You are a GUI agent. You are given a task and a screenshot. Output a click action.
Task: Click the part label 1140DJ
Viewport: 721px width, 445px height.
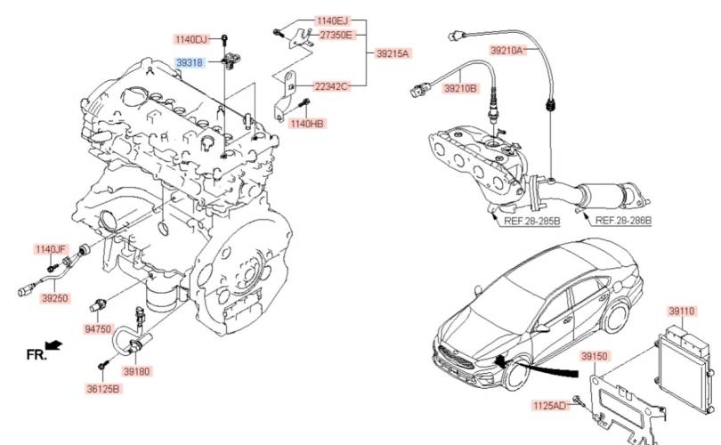[x=190, y=39]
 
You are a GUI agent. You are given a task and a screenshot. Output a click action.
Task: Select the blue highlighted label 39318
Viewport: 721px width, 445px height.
[x=189, y=63]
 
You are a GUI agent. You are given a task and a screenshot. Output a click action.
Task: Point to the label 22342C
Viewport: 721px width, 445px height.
[x=330, y=85]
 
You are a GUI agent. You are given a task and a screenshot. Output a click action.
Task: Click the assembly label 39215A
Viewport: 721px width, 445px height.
[x=392, y=53]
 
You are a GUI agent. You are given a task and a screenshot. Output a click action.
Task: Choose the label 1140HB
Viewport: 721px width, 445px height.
[x=306, y=123]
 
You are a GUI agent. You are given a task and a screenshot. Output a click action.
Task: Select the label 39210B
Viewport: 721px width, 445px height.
[x=461, y=88]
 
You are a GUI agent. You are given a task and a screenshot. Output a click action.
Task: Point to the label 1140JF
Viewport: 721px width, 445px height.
[x=51, y=248]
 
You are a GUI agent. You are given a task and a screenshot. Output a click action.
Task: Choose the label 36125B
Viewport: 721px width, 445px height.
[x=103, y=388]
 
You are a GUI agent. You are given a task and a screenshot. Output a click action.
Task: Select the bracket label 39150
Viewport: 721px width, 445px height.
[x=593, y=356]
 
